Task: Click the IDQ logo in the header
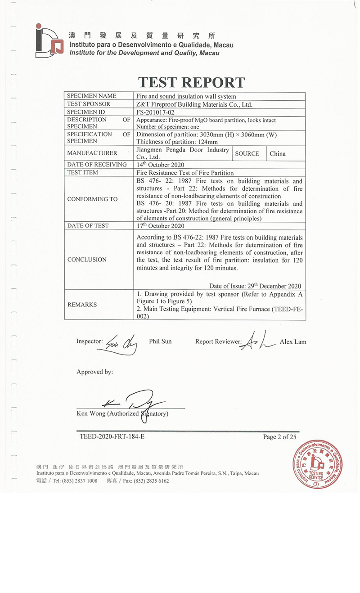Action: pos(47,40)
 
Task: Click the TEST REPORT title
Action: pos(191,82)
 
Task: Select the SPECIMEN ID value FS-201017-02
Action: pos(156,112)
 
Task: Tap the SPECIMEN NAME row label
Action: pos(92,96)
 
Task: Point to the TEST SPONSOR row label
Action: pos(89,104)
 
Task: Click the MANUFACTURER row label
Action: pos(92,153)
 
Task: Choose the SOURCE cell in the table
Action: pos(247,153)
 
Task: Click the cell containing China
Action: pos(278,153)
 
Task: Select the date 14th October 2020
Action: pos(160,165)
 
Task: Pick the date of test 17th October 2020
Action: pos(160,225)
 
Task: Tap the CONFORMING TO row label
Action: pos(92,199)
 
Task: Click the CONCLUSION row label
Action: pos(87,260)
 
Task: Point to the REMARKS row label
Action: pos(82,305)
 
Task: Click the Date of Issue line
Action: pos(255,286)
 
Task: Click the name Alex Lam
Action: pos(292,341)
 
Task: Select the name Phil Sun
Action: pos(160,341)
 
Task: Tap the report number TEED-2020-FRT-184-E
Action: pos(112,436)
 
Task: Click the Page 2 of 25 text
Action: pos(280,436)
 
